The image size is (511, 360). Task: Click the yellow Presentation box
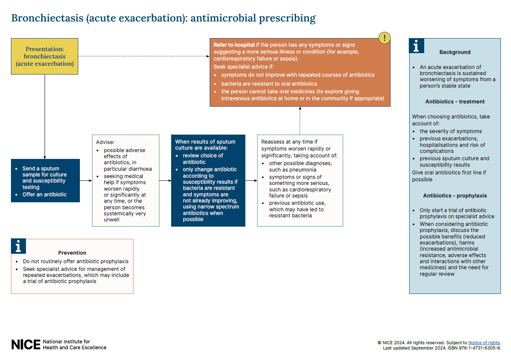tap(45, 56)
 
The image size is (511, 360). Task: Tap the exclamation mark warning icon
tap(384, 38)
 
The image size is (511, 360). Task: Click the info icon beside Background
tap(416, 46)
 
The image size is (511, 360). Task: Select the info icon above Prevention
tap(18, 246)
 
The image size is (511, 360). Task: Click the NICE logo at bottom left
tap(26, 345)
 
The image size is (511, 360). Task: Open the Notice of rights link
tap(484, 343)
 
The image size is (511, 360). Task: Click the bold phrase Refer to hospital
tap(234, 45)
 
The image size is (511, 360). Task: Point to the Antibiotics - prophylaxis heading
tap(455, 196)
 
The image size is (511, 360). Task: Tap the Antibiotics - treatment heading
tap(455, 102)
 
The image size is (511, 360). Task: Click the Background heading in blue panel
tap(455, 52)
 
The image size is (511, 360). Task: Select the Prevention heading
tap(72, 253)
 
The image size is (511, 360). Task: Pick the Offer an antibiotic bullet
tap(45, 195)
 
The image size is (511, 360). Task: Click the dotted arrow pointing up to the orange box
tap(300, 120)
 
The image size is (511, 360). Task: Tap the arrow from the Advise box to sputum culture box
tap(165, 180)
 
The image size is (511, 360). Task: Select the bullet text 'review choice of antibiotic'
tap(203, 159)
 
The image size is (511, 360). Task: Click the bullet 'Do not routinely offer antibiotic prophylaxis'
tap(75, 261)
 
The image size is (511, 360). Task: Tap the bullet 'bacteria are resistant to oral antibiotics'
tap(269, 84)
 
